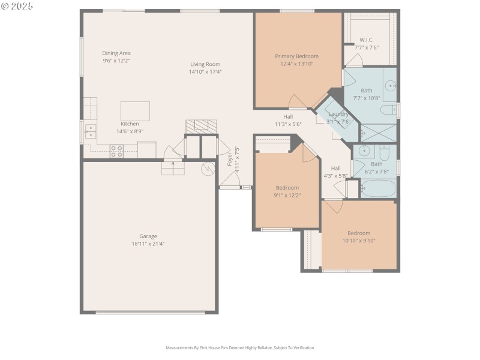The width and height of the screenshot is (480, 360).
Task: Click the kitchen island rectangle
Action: [x=135, y=111]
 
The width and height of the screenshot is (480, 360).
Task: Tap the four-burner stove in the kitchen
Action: [x=116, y=151]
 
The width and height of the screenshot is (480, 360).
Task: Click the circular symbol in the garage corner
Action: [x=208, y=169]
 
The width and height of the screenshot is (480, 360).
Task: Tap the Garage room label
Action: [x=148, y=236]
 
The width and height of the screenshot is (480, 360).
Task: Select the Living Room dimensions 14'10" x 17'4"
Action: [x=206, y=71]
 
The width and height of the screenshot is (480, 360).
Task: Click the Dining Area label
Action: [x=116, y=53]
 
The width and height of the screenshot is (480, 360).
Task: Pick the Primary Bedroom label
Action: [x=296, y=56]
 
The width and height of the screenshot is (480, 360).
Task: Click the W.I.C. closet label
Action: [x=366, y=40]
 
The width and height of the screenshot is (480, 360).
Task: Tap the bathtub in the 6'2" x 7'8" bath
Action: [x=378, y=189]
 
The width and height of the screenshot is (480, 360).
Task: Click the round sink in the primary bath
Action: [x=389, y=86]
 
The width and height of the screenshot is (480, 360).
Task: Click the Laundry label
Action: [x=338, y=114]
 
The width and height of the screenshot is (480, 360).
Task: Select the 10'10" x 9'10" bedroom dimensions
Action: [x=359, y=241]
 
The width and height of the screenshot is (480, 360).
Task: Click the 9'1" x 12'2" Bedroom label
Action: [x=287, y=188]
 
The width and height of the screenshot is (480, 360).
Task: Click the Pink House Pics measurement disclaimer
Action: [x=240, y=347]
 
